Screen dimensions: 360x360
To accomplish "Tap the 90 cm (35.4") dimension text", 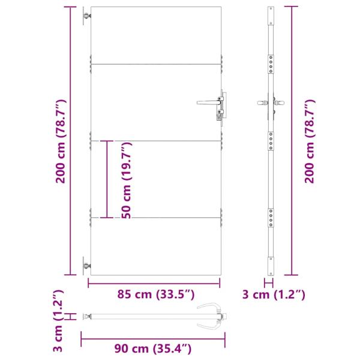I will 153,348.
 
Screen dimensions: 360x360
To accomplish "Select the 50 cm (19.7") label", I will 126,180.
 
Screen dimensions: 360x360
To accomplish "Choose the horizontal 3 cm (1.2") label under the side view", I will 273,294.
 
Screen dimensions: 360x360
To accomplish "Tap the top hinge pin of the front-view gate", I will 87,16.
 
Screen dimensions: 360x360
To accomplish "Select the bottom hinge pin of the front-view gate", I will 87,266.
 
